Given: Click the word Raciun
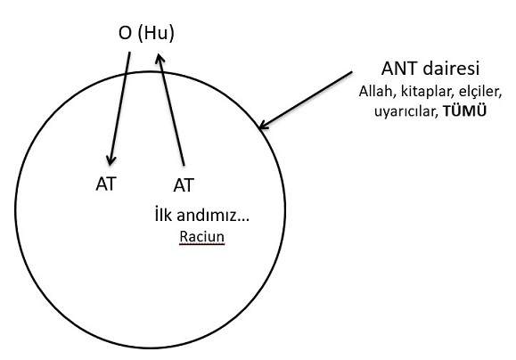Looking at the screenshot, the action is (x=202, y=237).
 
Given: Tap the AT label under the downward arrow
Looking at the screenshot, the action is (x=106, y=184).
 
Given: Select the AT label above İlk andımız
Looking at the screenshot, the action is (x=184, y=185).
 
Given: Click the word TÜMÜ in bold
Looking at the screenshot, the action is (x=464, y=111).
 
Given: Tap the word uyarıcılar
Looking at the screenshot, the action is (x=406, y=112).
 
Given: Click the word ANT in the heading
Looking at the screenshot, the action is (x=399, y=70).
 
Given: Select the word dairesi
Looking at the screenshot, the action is (x=451, y=70).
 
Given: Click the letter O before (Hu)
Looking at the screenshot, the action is (x=125, y=33).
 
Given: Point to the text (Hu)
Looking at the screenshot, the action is (x=156, y=34).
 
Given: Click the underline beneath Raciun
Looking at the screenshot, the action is (x=202, y=244).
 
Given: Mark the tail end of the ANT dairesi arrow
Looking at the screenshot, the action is (x=352, y=72).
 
